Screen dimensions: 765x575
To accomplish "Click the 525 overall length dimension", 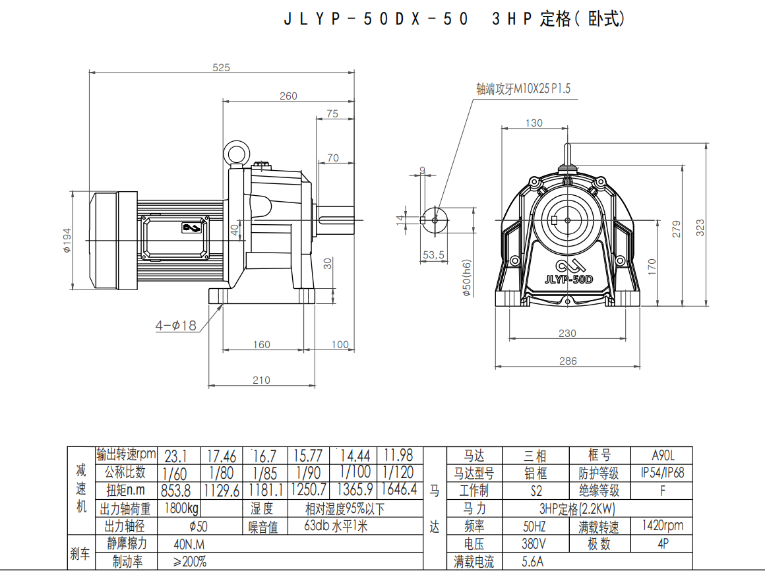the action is pyautogui.click(x=221, y=67).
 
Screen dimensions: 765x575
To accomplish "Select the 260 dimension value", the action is pyautogui.click(x=288, y=96).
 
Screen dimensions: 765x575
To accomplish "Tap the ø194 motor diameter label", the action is pyautogui.click(x=67, y=241).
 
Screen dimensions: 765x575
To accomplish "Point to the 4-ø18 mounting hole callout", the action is pyautogui.click(x=175, y=325).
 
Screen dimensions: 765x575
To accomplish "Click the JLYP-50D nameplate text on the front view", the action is pyautogui.click(x=569, y=280).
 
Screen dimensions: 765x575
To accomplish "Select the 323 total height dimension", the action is pyautogui.click(x=700, y=227).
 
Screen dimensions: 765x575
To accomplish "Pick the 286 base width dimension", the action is pyautogui.click(x=568, y=361).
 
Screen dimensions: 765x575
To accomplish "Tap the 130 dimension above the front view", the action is pyautogui.click(x=534, y=123).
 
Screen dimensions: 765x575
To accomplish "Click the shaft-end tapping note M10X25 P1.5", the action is pyautogui.click(x=523, y=89).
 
